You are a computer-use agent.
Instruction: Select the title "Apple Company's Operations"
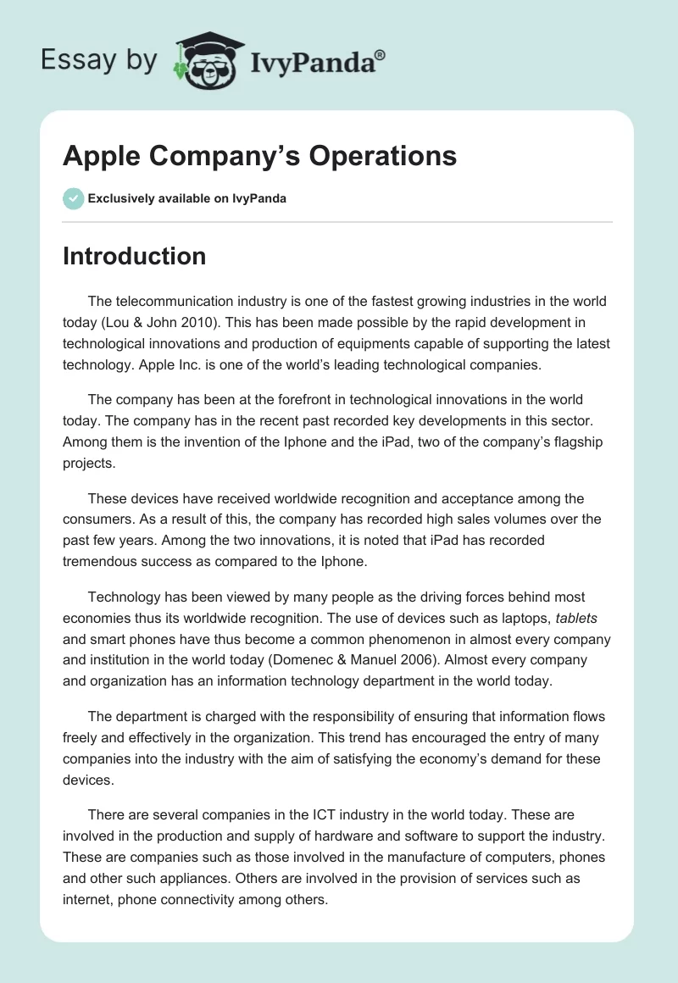coord(259,156)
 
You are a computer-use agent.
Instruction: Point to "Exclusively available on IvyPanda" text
coord(186,198)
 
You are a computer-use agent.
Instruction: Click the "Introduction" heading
coord(134,256)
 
